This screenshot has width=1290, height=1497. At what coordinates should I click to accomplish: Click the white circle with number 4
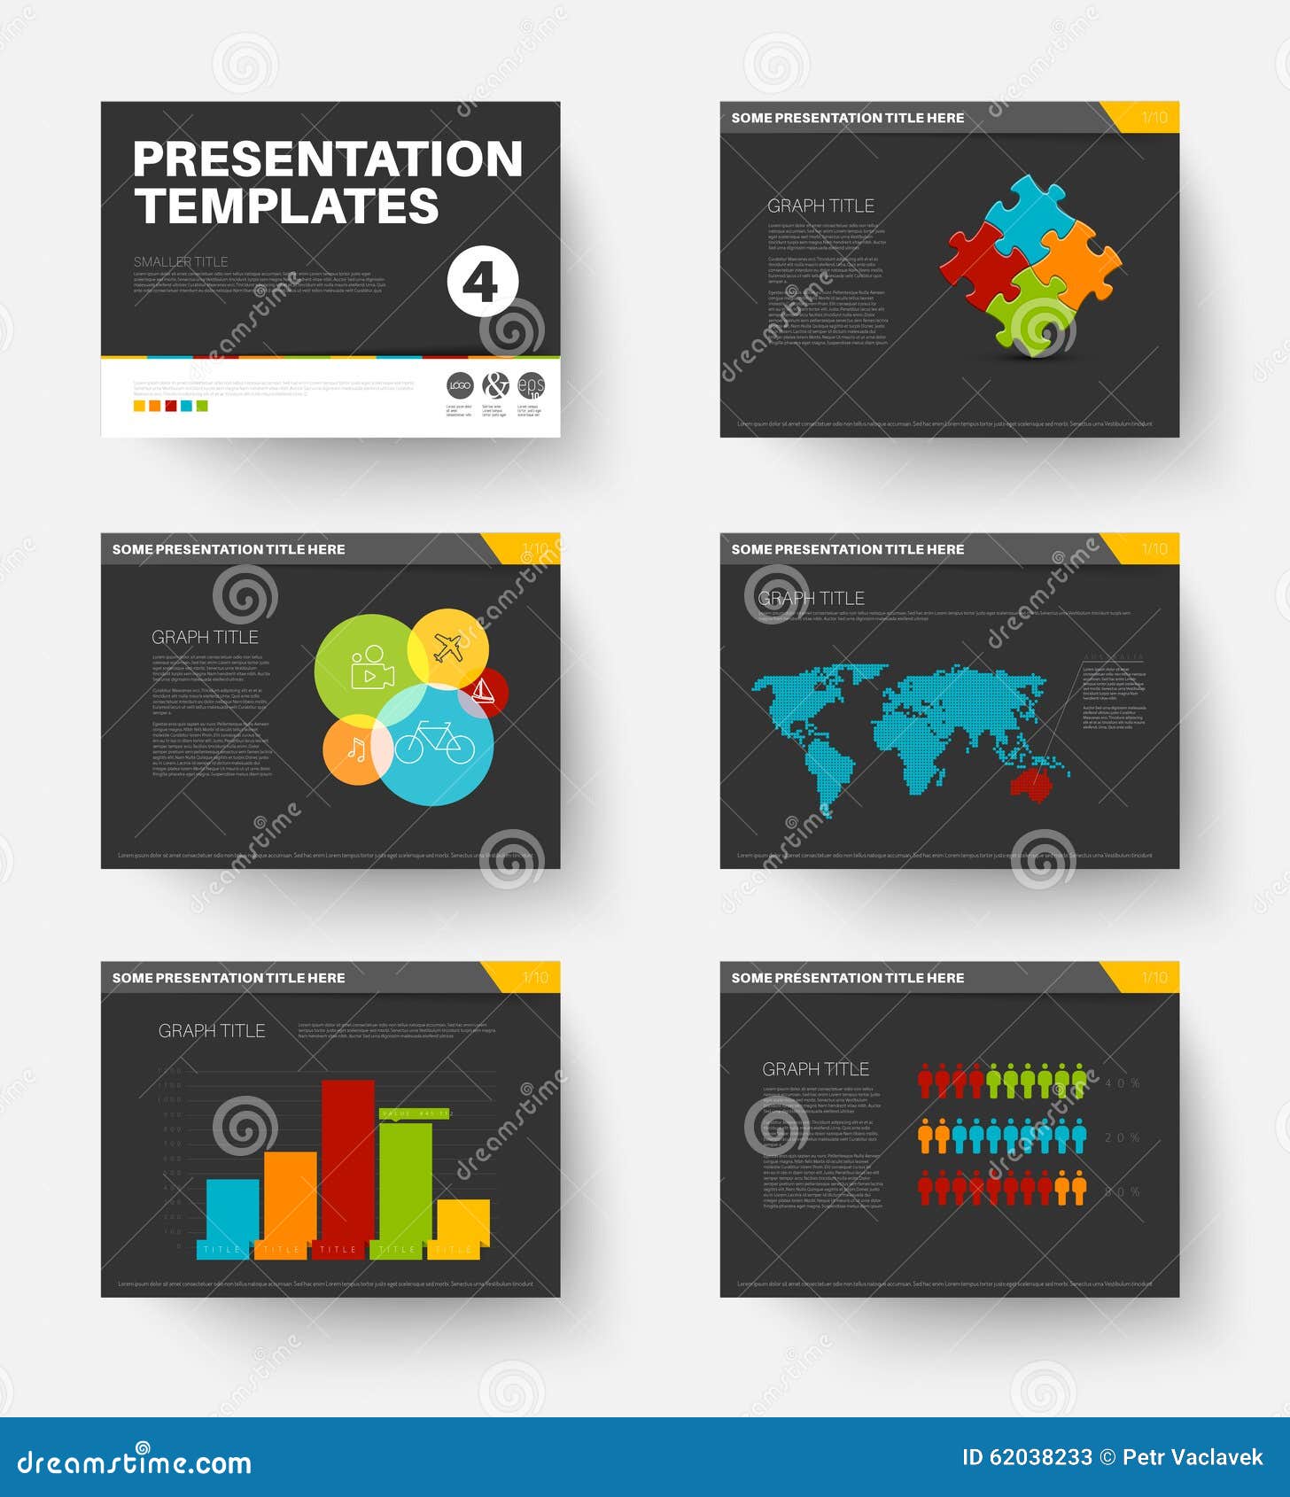tap(482, 282)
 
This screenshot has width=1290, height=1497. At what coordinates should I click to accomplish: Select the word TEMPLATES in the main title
tap(287, 206)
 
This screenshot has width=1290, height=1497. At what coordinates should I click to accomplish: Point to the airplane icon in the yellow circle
tap(449, 648)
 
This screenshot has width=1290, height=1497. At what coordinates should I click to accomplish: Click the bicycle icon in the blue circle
tap(434, 742)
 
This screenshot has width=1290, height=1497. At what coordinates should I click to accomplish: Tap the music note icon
tap(355, 750)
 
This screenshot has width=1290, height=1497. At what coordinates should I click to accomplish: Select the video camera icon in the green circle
tap(372, 666)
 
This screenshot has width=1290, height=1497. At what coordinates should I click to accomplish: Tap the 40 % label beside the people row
tap(1123, 1083)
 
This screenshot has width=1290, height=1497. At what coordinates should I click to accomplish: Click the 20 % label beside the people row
tap(1123, 1137)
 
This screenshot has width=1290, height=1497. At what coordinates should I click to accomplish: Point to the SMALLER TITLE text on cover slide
tap(181, 261)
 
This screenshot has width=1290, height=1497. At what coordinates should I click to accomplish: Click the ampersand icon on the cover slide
tap(495, 385)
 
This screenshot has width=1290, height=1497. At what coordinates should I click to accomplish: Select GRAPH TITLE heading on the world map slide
tap(812, 599)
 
